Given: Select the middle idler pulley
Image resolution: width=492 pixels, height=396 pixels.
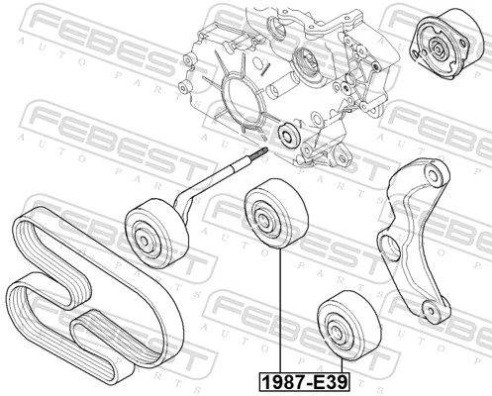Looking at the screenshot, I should click(x=264, y=214).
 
